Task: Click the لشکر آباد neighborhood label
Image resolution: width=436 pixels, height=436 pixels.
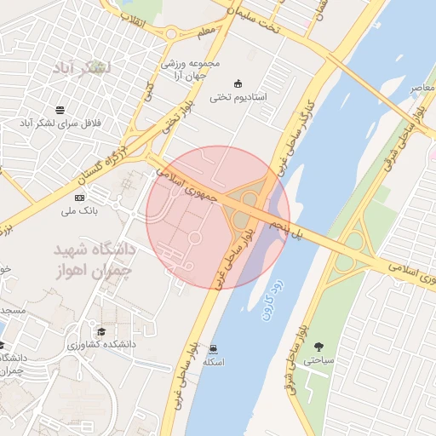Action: click(x=83, y=67)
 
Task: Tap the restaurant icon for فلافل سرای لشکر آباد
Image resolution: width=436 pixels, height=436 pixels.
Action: click(x=60, y=109)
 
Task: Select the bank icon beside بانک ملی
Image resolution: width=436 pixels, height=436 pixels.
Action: click(x=80, y=198)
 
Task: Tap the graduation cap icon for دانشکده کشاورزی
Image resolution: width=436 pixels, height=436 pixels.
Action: click(x=101, y=332)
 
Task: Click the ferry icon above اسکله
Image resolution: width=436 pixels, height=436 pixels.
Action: click(x=213, y=348)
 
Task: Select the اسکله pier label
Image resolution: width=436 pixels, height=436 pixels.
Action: click(x=213, y=362)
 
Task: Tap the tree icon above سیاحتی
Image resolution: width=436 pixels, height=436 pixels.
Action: click(x=318, y=346)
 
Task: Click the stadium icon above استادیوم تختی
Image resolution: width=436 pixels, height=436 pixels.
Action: click(x=238, y=83)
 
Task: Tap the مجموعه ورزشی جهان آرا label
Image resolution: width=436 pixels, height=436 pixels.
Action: click(x=192, y=69)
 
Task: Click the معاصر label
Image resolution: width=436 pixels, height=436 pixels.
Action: click(x=422, y=88)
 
